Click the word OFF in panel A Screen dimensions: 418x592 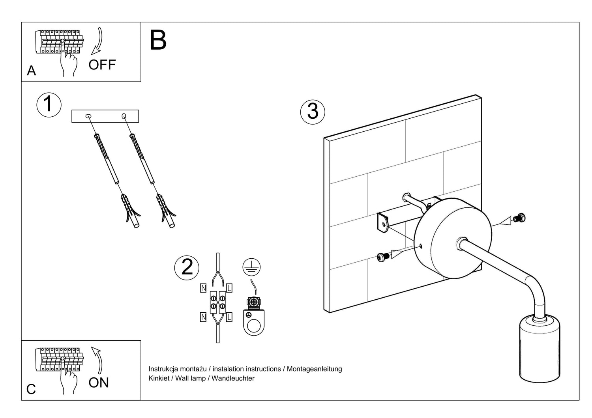pyautogui.click(x=102, y=65)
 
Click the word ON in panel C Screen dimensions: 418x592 pyautogui.click(x=99, y=383)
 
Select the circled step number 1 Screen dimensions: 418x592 pyautogui.click(x=49, y=105)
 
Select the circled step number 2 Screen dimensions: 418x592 pyautogui.click(x=187, y=267)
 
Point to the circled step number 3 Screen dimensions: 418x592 pyautogui.click(x=313, y=111)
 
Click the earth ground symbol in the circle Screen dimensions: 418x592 pyautogui.click(x=251, y=268)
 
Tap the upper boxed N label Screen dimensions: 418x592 pyautogui.click(x=203, y=288)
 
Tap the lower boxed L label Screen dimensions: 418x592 pyautogui.click(x=229, y=317)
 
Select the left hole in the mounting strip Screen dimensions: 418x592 pyautogui.click(x=88, y=116)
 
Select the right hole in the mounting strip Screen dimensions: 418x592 pyautogui.click(x=124, y=116)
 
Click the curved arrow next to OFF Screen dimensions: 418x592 pyautogui.click(x=97, y=41)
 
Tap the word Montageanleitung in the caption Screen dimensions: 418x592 pyautogui.click(x=314, y=369)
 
